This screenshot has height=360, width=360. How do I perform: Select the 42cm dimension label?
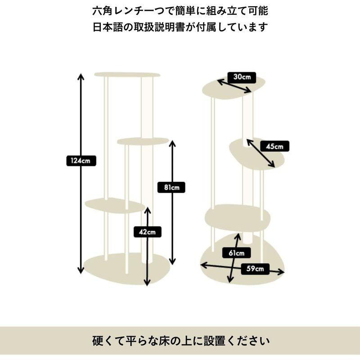pyautogui.click(x=148, y=232)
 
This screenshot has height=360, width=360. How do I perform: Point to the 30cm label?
pyautogui.click(x=242, y=76)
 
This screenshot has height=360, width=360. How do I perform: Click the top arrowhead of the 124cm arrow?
pyautogui.click(x=81, y=75)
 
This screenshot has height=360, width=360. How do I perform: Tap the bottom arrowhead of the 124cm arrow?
pyautogui.click(x=81, y=271)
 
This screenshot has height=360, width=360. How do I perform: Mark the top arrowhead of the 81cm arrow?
pyautogui.click(x=172, y=143)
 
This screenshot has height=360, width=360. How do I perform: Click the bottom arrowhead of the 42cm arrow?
pyautogui.click(x=147, y=283)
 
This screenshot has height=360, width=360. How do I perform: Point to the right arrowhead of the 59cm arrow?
pyautogui.click(x=282, y=272)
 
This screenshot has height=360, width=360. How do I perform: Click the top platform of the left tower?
pyautogui.click(x=127, y=74)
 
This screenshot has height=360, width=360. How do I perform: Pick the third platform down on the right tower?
pyautogui.click(x=238, y=218)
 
